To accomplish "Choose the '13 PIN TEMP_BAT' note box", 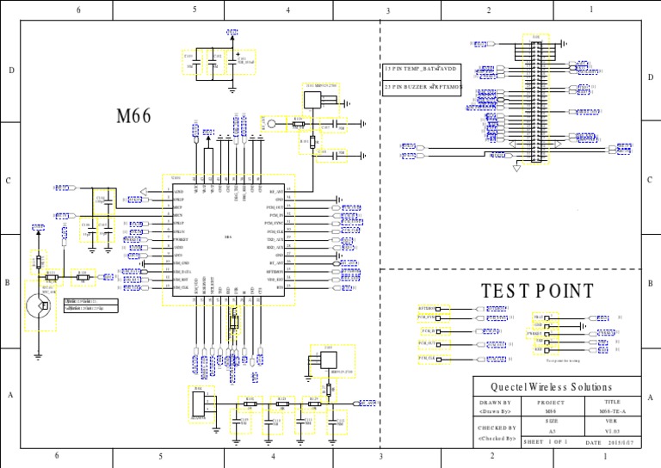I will [x=423, y=68].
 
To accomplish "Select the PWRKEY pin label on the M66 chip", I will [x=182, y=238].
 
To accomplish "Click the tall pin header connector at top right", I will [x=536, y=101].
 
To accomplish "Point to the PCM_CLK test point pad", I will [x=429, y=357].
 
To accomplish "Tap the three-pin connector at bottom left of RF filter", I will [x=203, y=403].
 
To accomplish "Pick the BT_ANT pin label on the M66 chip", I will [x=276, y=262].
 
